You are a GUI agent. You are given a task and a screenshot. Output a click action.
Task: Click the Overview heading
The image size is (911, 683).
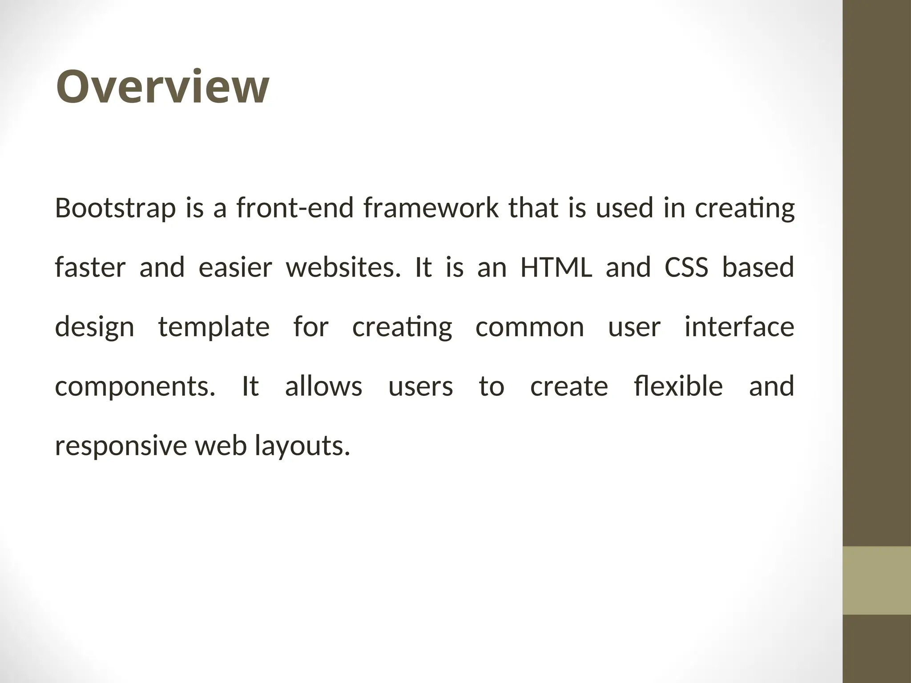click(x=162, y=87)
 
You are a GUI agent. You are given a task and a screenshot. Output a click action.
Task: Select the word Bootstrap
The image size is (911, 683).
click(x=115, y=208)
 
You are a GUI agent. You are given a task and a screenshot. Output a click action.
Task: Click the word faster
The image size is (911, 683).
click(x=90, y=268)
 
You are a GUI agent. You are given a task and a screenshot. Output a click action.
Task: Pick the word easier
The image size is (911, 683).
click(x=235, y=268)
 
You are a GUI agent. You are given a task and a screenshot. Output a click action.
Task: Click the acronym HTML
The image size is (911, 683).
click(x=556, y=268)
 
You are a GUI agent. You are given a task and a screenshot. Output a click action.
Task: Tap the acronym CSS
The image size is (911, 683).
click(x=686, y=268)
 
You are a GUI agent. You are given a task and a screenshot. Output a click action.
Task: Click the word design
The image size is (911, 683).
click(x=94, y=327)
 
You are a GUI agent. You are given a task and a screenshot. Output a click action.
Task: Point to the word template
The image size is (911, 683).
click(x=214, y=327)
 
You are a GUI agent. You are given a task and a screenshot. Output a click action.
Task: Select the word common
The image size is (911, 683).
click(x=529, y=327)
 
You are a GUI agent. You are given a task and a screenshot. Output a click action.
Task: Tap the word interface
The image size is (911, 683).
click(x=739, y=327)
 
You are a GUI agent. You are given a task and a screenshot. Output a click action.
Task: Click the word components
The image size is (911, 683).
click(x=135, y=386)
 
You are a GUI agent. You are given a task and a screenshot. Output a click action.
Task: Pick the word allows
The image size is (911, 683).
click(x=323, y=386)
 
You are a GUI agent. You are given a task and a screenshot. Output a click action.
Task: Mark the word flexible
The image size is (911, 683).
click(x=678, y=386)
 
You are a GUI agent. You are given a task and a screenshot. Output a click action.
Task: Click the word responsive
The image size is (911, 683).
click(x=121, y=446)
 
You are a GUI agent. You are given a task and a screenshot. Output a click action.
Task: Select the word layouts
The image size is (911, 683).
click(x=302, y=446)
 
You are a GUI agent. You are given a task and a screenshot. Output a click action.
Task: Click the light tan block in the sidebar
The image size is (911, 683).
click(x=877, y=580)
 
